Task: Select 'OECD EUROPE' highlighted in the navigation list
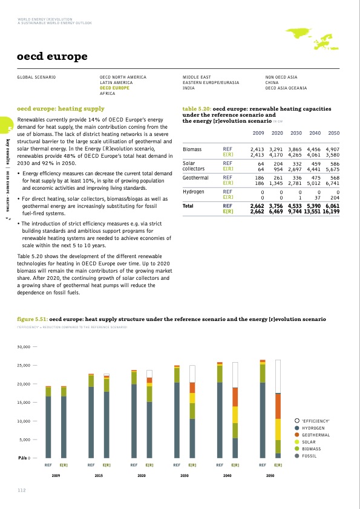tap(115, 88)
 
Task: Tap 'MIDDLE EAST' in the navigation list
tap(197, 78)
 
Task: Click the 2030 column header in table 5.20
tap(296, 132)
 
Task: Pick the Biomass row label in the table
tap(193, 148)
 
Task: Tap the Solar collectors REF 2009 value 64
tap(261, 163)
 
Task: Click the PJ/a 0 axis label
tap(24, 458)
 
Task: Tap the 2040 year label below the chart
tap(227, 476)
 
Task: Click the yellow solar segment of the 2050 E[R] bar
tap(278, 429)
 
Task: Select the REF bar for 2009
tap(48, 422)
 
